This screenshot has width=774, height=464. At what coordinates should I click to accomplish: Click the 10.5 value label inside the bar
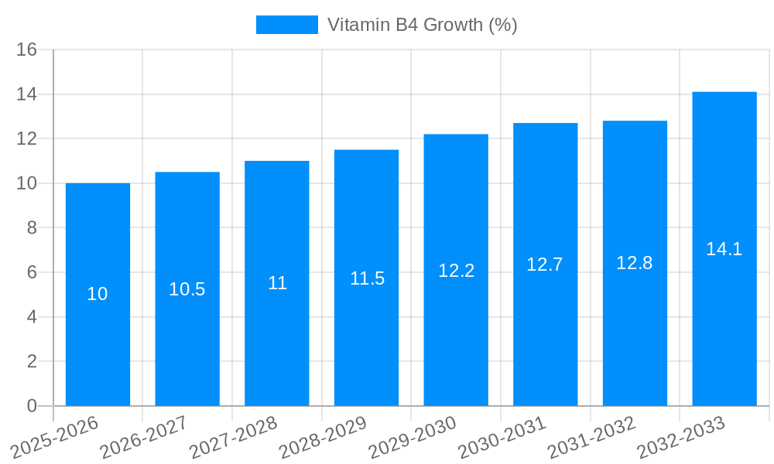point(187,289)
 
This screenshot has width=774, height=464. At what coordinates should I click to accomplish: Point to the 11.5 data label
point(367,278)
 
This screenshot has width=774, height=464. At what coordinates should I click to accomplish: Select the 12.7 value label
point(545,264)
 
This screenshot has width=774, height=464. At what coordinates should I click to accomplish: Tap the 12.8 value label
point(635,263)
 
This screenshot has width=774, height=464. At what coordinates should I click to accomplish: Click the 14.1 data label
point(724,249)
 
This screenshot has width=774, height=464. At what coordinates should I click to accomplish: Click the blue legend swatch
point(286,25)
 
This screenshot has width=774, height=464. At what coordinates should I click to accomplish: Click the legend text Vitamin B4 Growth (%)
point(422,25)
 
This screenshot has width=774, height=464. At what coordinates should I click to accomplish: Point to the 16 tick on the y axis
point(27,49)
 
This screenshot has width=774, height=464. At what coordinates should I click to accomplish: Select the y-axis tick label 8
point(32,228)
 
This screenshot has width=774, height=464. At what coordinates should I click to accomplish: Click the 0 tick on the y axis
point(32,406)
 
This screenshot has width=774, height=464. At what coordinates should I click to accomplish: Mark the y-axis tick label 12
point(27,139)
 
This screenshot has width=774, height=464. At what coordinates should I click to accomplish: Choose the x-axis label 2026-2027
point(144,437)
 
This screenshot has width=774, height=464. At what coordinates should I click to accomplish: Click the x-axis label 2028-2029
point(323,437)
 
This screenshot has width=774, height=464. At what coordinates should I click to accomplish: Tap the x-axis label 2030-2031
point(502,437)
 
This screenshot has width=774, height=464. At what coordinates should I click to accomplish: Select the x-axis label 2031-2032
point(592,437)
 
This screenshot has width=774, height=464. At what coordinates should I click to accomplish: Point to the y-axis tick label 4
point(32,317)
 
